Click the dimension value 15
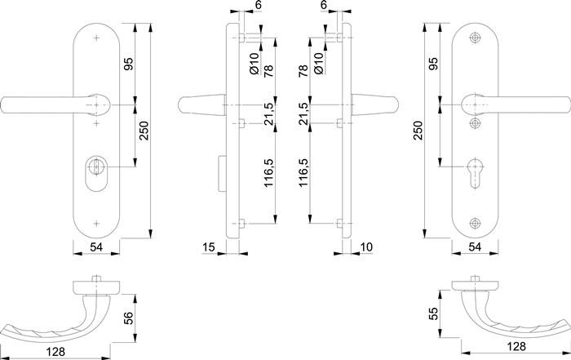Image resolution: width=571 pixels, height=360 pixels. click(x=208, y=246)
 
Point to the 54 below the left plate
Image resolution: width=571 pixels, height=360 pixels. click(x=96, y=246)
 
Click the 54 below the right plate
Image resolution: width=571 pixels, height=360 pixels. click(x=474, y=246)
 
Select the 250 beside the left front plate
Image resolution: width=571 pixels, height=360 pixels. click(x=144, y=131)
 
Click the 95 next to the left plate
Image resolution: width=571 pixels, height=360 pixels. click(x=128, y=64)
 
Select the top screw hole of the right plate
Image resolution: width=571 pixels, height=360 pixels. click(x=476, y=39)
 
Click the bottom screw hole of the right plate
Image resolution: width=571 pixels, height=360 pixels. click(x=476, y=220)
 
